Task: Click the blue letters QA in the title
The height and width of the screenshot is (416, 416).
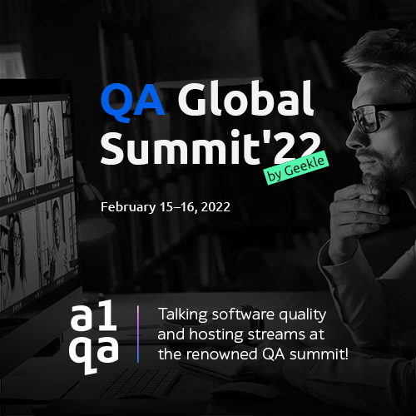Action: click(x=132, y=102)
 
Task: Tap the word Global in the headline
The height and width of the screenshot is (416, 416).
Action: click(x=246, y=99)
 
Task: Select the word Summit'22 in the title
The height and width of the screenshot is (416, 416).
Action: click(x=210, y=148)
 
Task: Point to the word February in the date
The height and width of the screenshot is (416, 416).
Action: click(x=128, y=207)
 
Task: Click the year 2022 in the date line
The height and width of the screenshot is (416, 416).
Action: click(x=215, y=207)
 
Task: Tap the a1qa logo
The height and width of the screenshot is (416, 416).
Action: click(x=94, y=339)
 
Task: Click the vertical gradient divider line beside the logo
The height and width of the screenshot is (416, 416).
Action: click(x=138, y=334)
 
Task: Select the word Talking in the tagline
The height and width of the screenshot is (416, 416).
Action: click(x=182, y=314)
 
